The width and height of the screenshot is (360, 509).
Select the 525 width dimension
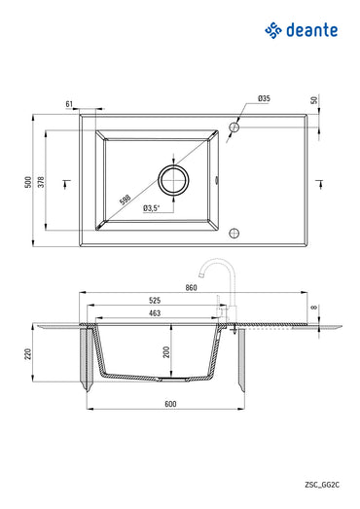click(154, 301)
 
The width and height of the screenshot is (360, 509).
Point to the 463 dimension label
click(154, 313)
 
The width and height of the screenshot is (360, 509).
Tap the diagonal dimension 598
click(125, 199)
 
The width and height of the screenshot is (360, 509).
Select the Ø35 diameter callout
click(264, 99)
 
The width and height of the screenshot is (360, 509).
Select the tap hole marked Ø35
click(234, 127)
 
